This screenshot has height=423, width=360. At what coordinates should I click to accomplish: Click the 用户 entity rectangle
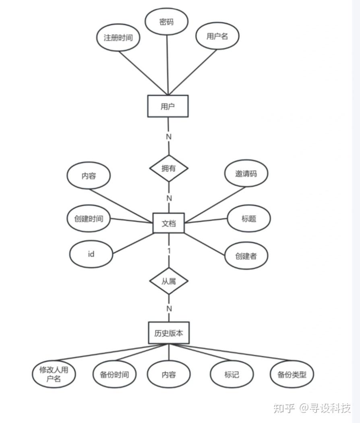[x=168, y=106]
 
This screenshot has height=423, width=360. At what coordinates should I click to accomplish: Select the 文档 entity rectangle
[x=169, y=223]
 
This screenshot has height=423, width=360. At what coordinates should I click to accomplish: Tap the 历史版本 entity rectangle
[x=168, y=333]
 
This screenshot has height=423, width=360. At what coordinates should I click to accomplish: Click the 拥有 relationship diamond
[x=169, y=168]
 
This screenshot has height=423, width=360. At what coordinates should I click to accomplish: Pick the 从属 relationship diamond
[x=169, y=281]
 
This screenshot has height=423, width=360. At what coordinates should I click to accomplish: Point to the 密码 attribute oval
[x=166, y=22]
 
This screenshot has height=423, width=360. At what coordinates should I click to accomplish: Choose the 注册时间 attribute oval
[x=118, y=38]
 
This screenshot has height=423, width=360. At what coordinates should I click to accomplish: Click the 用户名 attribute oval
[x=217, y=36]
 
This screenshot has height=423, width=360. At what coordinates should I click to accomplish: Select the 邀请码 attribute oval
[x=246, y=174]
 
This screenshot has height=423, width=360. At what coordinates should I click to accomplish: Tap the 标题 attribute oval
[x=249, y=219]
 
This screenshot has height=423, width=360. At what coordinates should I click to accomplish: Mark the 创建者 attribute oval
[x=246, y=255]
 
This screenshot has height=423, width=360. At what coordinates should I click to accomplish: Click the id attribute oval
[x=91, y=254]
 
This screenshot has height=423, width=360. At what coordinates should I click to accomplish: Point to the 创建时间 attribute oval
[x=89, y=219]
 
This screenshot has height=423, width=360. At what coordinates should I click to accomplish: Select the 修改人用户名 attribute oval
[x=54, y=374]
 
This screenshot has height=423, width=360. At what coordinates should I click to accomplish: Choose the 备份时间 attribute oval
[x=114, y=375]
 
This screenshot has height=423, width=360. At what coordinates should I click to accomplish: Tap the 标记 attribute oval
[x=232, y=375]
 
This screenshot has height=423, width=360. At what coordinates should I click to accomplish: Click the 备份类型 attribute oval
[x=292, y=375]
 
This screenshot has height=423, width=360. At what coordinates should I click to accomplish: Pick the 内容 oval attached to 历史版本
[x=169, y=375]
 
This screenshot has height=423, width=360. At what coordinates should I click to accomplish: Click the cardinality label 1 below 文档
[x=169, y=251]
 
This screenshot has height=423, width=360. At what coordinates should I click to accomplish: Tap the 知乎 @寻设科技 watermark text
[x=312, y=408]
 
